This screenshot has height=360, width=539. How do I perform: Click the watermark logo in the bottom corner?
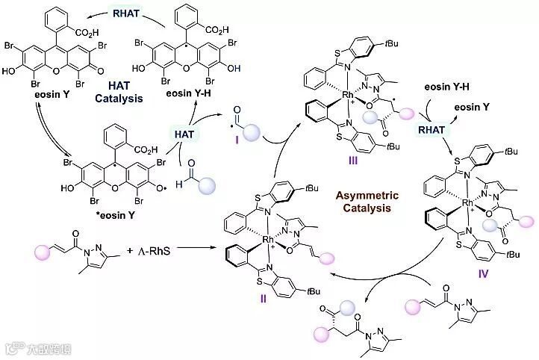pyautogui.click(x=11, y=347)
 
